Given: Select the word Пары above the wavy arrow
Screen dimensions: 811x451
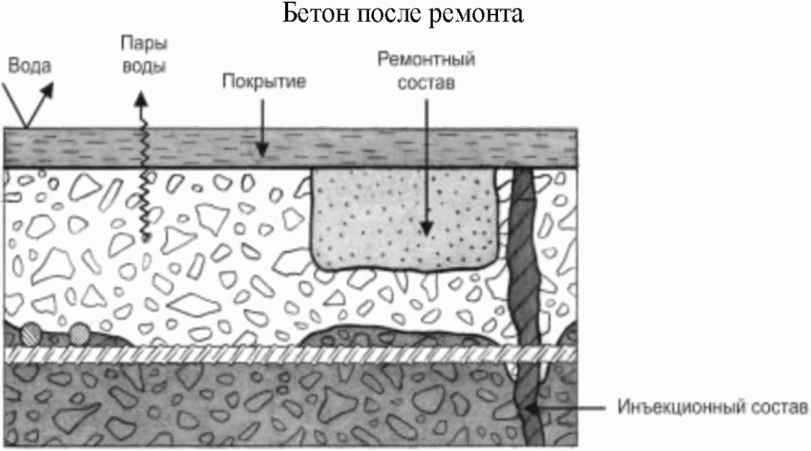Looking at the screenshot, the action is click(143, 44).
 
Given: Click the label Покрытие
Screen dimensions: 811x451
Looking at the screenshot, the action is click(263, 82).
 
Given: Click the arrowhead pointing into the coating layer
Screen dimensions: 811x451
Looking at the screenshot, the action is click(262, 149).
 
